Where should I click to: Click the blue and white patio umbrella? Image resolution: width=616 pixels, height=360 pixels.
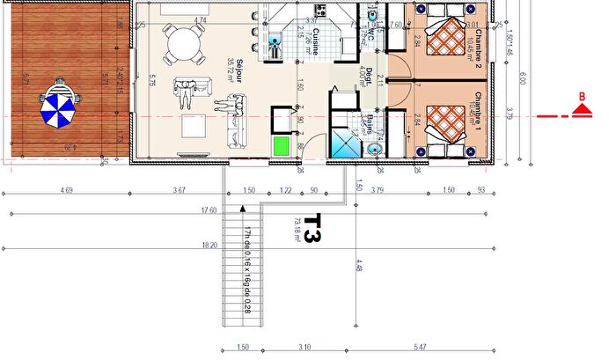[60, 108]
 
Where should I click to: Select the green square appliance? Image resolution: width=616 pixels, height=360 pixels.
[282, 146]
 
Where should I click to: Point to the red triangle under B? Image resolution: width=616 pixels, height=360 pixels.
[581, 110]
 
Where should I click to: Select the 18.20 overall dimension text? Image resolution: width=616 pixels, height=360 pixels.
[209, 246]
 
